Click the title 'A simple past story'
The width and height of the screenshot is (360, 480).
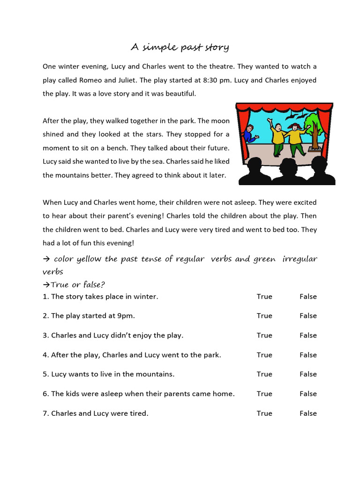180,47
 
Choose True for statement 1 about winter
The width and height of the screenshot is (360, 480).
264,297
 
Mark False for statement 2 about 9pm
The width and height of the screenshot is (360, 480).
308,316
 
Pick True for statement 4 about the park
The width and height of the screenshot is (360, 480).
264,355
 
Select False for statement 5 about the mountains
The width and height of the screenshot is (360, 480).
308,375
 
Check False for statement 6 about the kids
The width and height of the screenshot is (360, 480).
308,394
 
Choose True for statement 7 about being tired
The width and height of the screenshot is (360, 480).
264,413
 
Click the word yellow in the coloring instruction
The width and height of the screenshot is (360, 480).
90,259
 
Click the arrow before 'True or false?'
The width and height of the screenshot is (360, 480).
46,285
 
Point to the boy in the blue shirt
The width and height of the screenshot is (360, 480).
250,133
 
